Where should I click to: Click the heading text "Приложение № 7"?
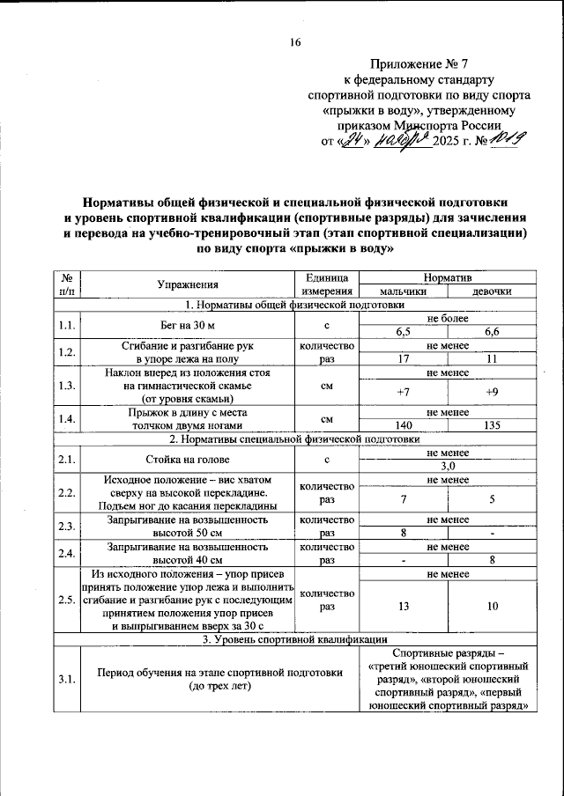(x=419, y=64)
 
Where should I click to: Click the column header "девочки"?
(x=492, y=291)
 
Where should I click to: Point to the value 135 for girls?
(x=492, y=425)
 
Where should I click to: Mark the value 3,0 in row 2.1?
(x=448, y=465)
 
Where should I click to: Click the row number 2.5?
(x=65, y=600)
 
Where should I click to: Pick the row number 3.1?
(x=65, y=679)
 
